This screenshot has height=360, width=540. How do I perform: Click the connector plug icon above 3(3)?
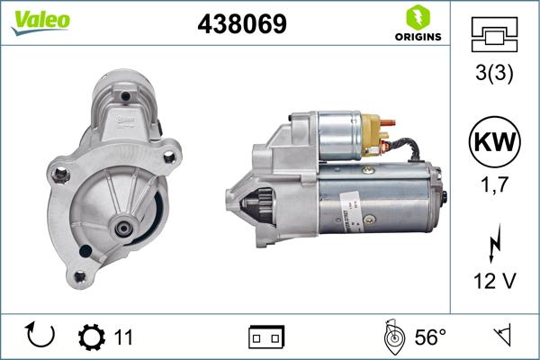click(x=494, y=35)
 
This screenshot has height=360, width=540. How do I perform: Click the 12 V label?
click(x=494, y=282)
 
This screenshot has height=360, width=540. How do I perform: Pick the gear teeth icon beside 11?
click(x=93, y=337)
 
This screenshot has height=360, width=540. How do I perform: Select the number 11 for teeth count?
click(x=124, y=337)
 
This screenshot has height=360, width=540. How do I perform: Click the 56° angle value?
click(x=430, y=337)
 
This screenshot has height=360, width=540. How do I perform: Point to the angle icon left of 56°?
click(x=391, y=337)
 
